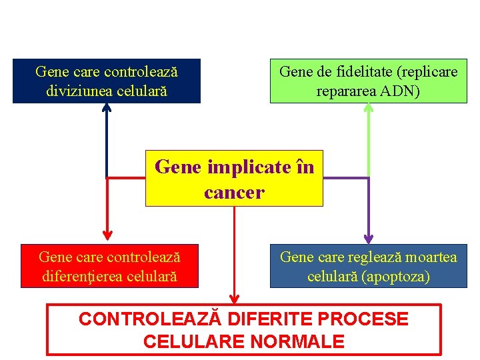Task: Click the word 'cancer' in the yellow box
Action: [234, 193]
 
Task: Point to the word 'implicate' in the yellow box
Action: [245, 167]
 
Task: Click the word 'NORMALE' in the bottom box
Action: [297, 343]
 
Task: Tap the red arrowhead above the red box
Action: [107, 234]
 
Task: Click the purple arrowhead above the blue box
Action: [369, 238]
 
